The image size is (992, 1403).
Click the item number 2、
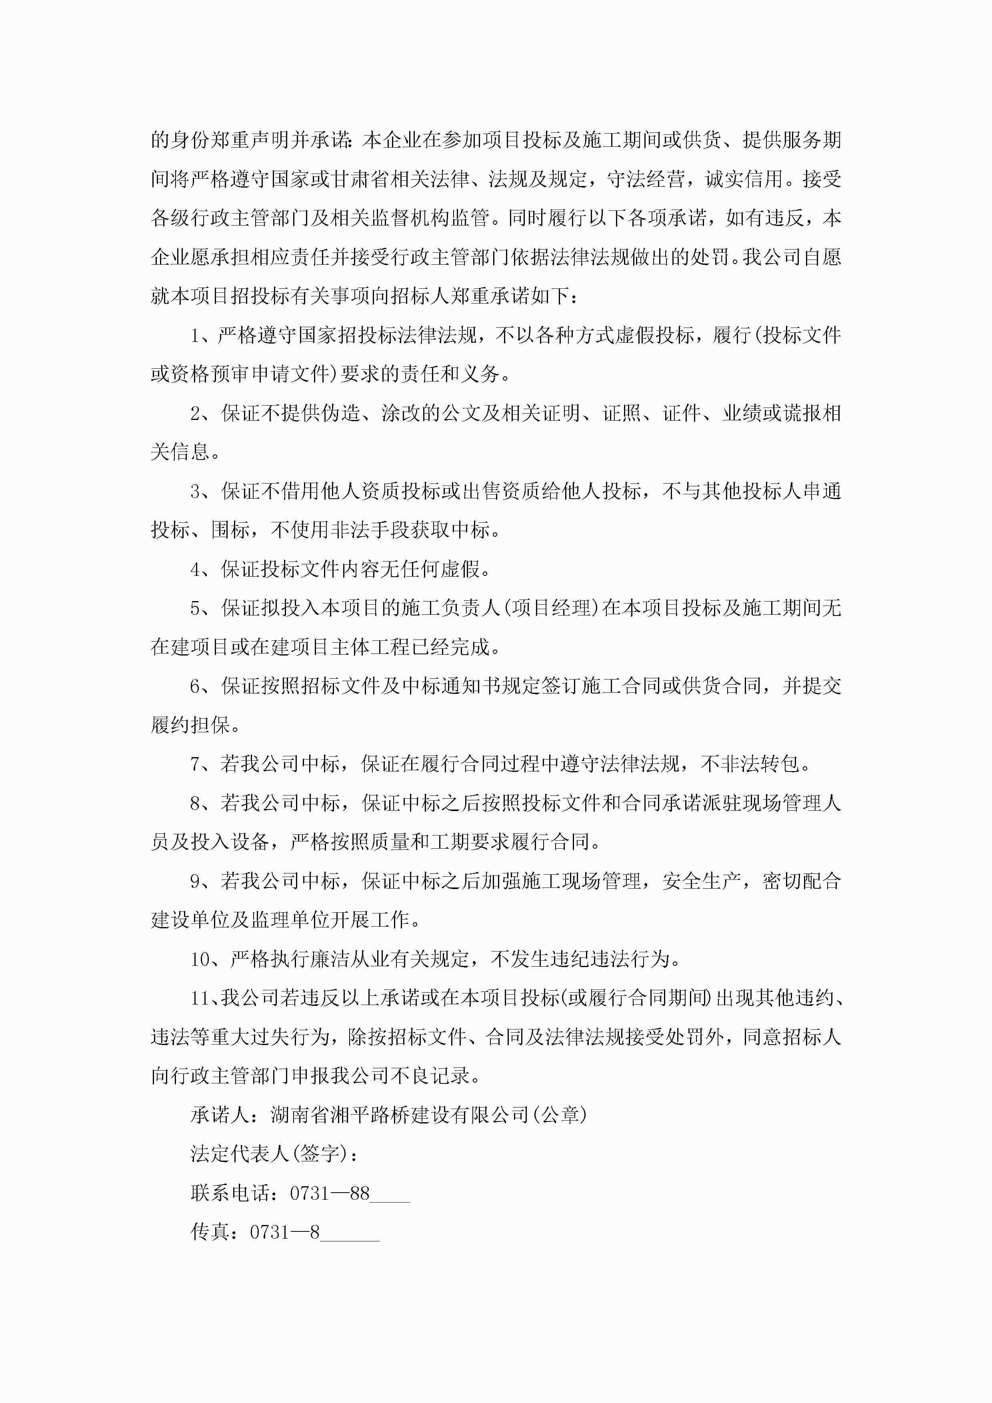[x=201, y=414]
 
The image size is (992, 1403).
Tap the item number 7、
[x=201, y=764]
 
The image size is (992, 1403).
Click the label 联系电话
[x=229, y=1193]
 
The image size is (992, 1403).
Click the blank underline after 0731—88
[x=390, y=1197]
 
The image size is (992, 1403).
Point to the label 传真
[x=210, y=1233]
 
